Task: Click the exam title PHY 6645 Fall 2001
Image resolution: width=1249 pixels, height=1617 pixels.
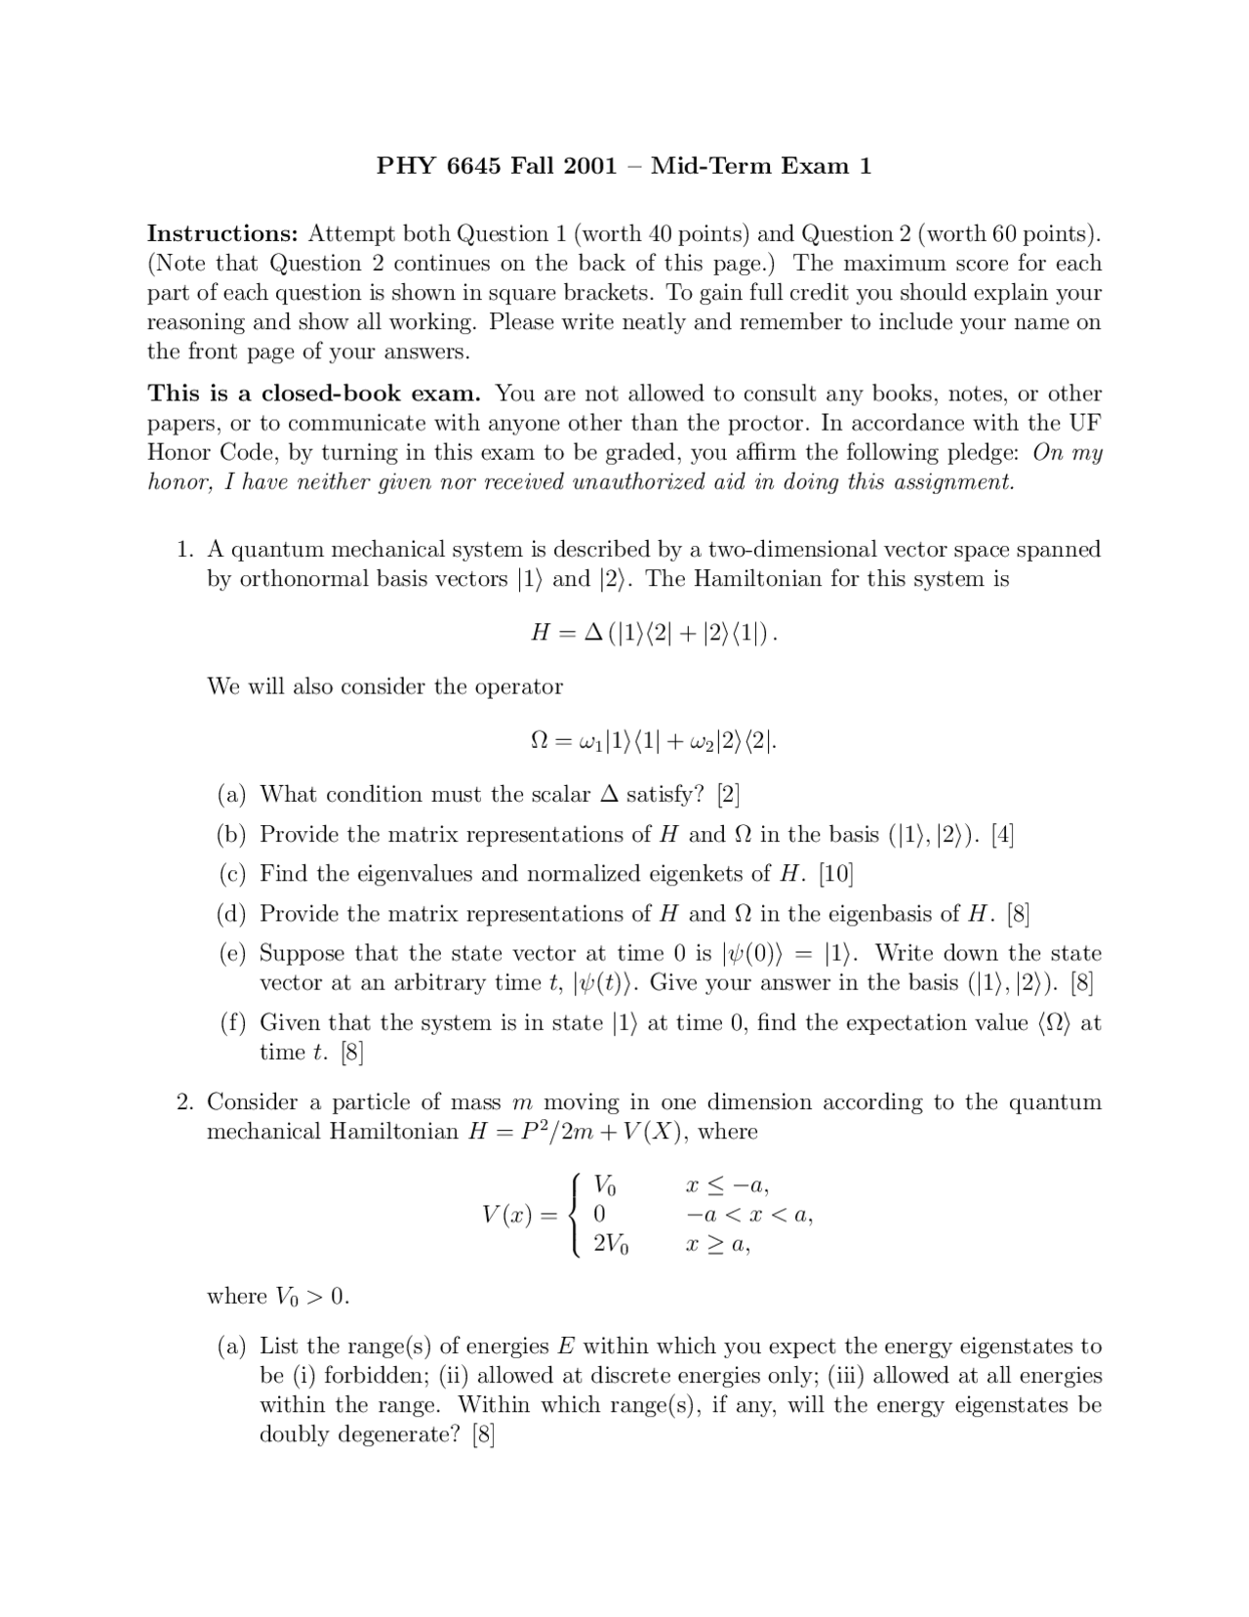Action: pos(498,166)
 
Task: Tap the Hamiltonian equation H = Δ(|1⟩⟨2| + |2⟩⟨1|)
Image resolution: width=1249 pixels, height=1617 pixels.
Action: pos(654,633)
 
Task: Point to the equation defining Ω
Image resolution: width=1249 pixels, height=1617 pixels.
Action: pos(654,741)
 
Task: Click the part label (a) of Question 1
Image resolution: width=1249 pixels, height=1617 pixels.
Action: pos(232,795)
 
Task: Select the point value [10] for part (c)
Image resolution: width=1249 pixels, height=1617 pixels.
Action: pos(836,874)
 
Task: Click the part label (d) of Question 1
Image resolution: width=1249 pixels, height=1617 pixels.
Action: pos(232,914)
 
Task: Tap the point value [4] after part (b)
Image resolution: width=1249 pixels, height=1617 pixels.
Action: pos(1002,835)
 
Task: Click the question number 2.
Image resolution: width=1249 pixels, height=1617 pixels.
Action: pos(185,1102)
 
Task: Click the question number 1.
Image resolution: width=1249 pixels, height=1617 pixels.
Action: pos(185,550)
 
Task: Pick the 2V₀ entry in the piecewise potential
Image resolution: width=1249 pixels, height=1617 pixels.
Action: pos(611,1245)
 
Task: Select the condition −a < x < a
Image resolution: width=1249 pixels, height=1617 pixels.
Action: pos(749,1216)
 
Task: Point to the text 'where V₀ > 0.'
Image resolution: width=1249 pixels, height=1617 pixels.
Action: pos(278,1297)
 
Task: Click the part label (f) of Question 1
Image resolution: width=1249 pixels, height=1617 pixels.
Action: pos(232,1023)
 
